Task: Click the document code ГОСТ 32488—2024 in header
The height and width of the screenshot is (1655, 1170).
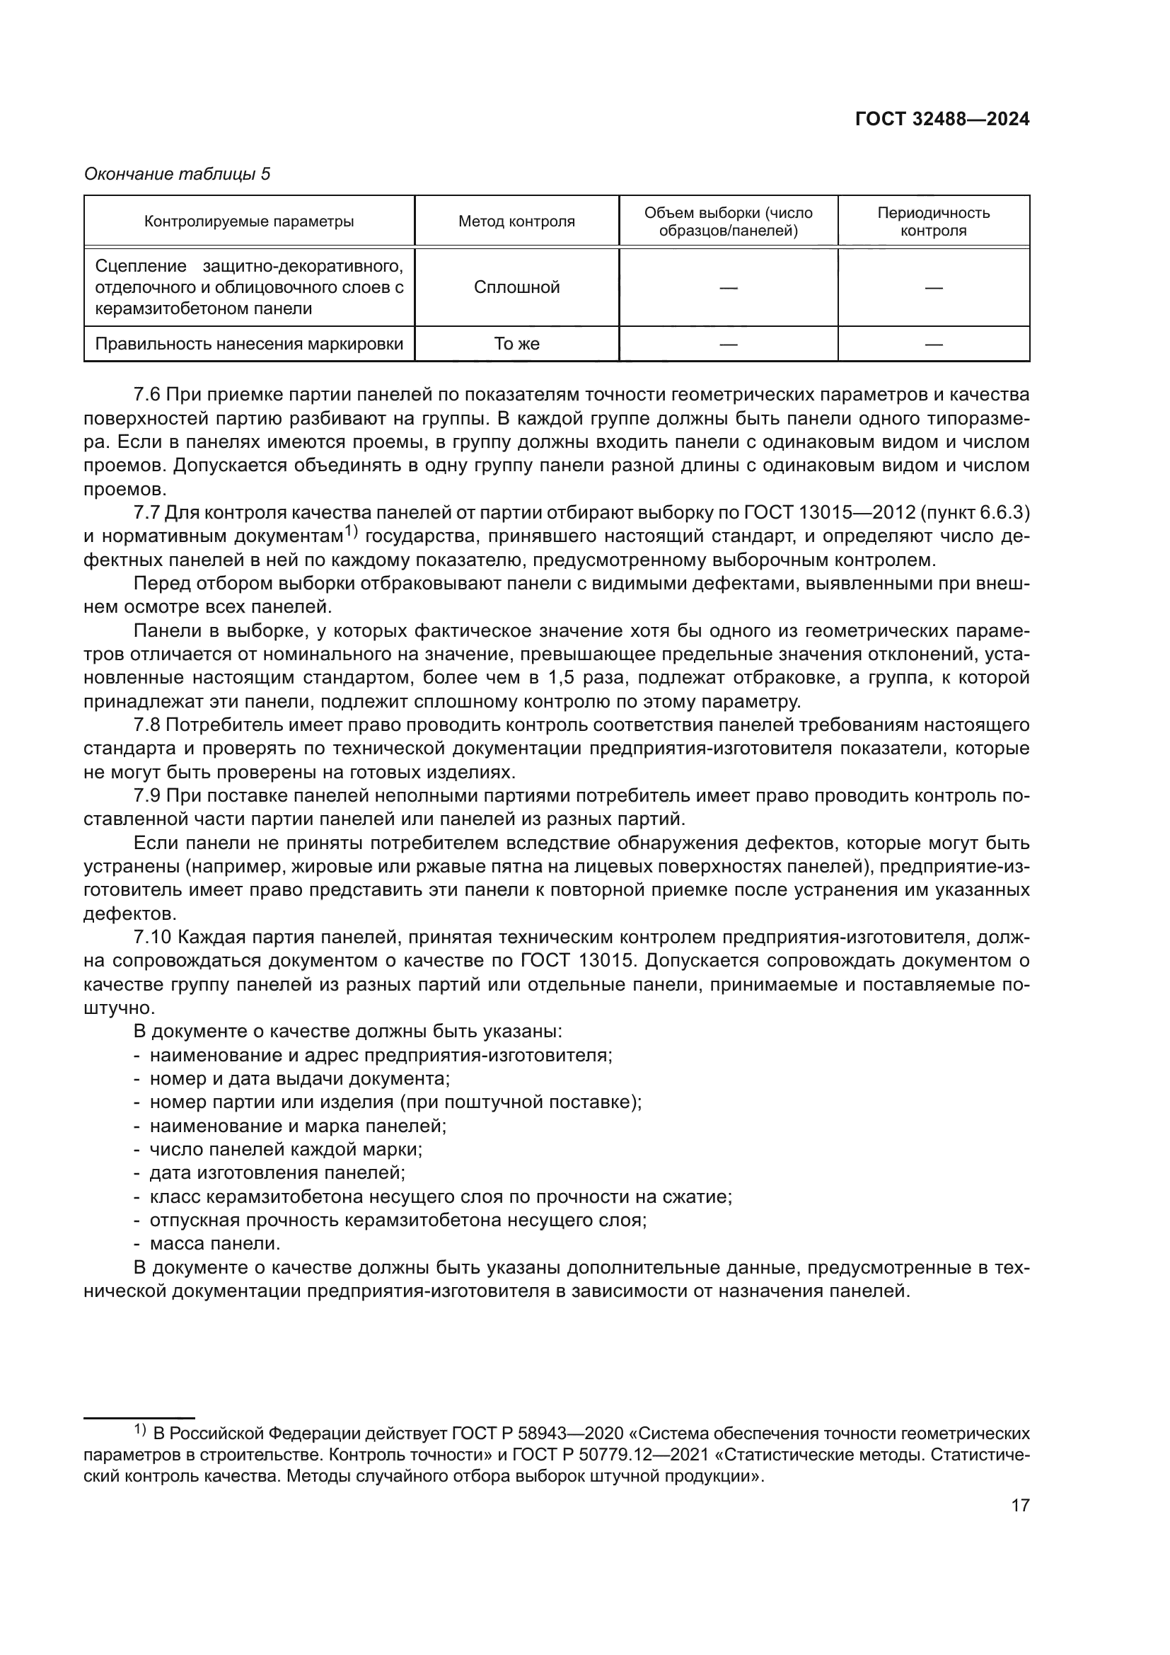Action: [x=942, y=120]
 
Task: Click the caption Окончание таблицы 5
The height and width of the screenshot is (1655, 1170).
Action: [x=178, y=174]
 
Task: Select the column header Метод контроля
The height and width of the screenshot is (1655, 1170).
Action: [x=516, y=221]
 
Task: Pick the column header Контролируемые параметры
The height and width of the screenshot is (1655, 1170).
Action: [x=249, y=221]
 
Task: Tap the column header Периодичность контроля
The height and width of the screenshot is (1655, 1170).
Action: [x=933, y=221]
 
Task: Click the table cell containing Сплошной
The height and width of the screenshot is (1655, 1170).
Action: [x=516, y=287]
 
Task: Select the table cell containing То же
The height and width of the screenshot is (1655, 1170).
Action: [x=516, y=344]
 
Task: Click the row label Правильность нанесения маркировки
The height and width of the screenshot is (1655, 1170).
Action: [x=249, y=344]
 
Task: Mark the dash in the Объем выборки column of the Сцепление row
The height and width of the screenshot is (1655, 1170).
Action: [x=729, y=288]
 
